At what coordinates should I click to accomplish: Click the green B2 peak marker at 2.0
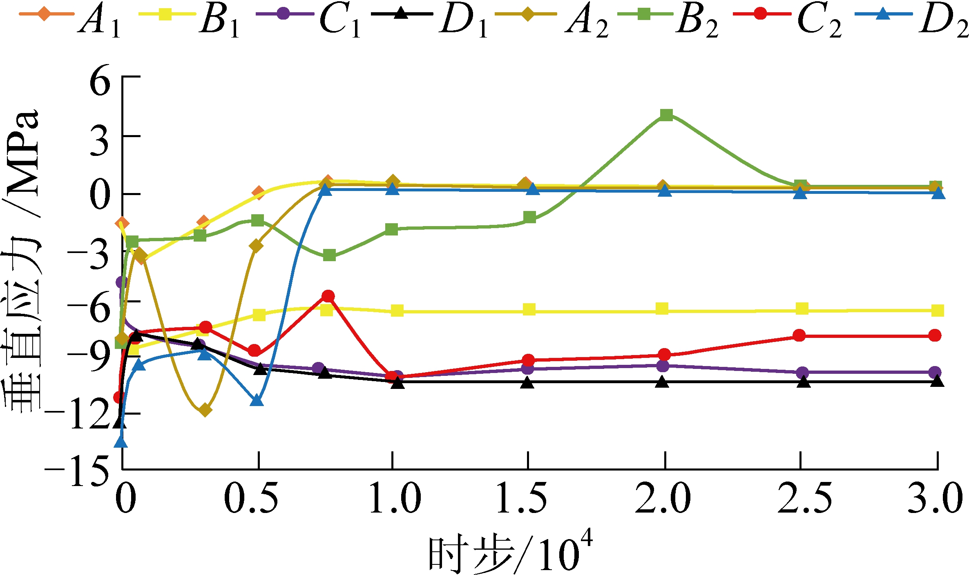pyautogui.click(x=666, y=115)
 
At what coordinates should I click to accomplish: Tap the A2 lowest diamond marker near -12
pyautogui.click(x=205, y=410)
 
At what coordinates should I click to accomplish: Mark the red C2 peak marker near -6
pyautogui.click(x=328, y=296)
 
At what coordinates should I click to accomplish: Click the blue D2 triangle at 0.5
pyautogui.click(x=257, y=400)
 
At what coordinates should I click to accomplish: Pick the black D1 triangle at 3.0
pyautogui.click(x=937, y=381)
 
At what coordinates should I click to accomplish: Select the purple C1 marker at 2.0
pyautogui.click(x=663, y=366)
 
